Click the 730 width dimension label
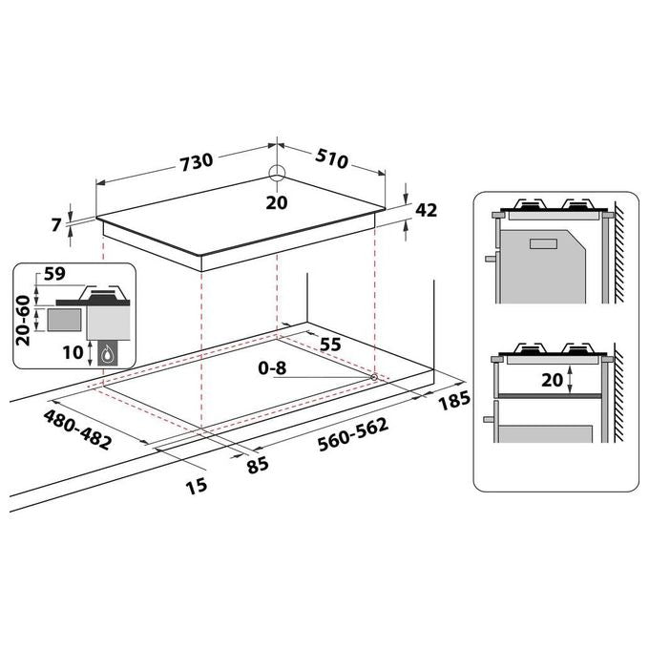197,162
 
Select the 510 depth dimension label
331,158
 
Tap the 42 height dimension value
426,210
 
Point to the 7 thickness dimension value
56,224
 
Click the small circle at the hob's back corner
277,174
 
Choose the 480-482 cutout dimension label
77,429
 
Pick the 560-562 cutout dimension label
353,433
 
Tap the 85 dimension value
258,466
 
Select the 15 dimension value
197,486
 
